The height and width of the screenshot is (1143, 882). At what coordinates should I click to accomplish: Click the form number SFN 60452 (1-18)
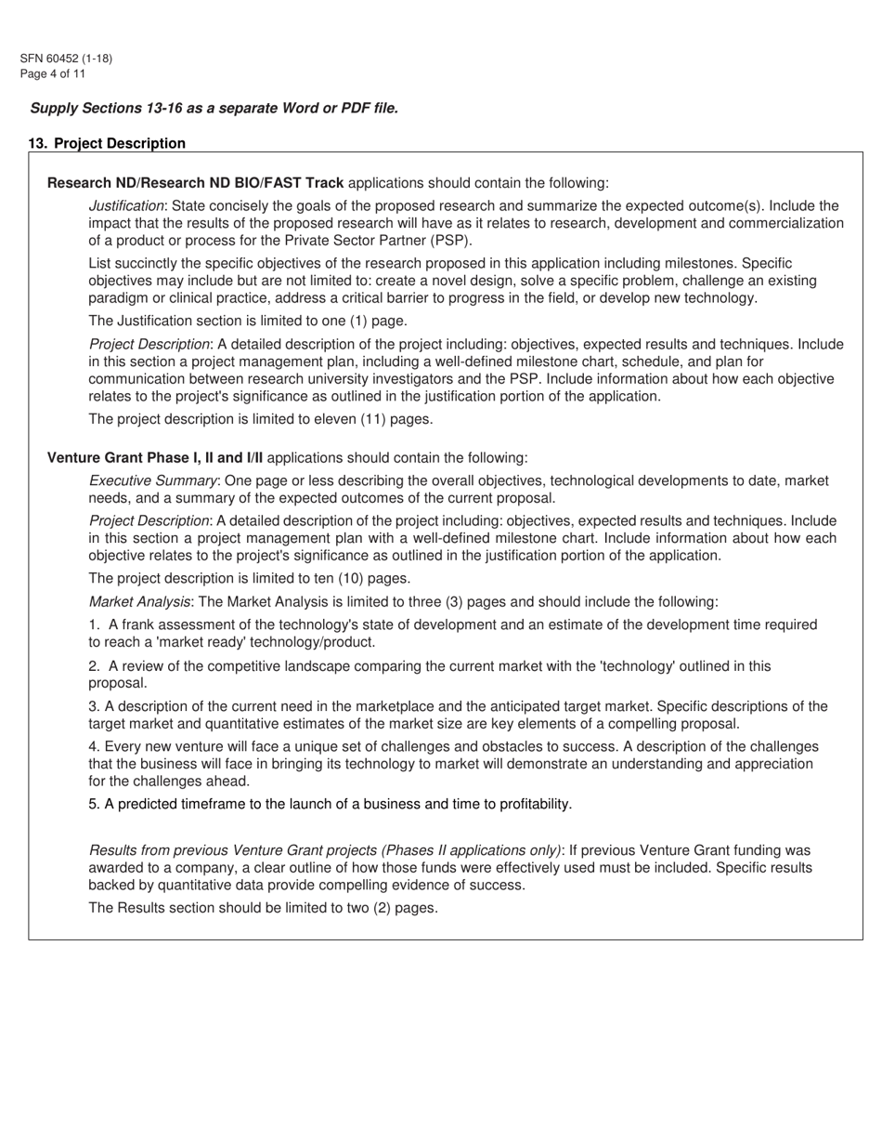pos(66,59)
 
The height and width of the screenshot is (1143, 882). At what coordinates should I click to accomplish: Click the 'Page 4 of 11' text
pos(52,74)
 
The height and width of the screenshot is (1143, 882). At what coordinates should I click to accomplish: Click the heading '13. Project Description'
pos(107,143)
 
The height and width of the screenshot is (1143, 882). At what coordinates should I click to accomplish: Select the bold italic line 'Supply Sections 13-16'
pos(214,108)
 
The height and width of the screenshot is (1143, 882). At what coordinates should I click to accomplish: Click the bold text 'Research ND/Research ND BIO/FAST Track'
pos(195,183)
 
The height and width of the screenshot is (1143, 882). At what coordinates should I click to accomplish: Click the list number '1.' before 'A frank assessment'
pos(94,624)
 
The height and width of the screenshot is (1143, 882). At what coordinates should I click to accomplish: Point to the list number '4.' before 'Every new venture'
pos(94,747)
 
